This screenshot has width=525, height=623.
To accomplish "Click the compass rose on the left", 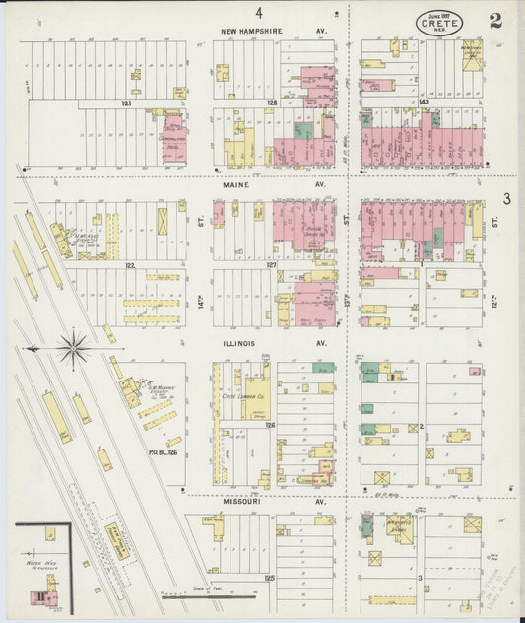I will click(x=74, y=347).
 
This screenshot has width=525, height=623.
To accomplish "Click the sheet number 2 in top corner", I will click(x=495, y=20).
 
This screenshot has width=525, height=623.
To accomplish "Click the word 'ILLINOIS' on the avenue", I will click(x=238, y=344).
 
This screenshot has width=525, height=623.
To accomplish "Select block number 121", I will click(x=126, y=103).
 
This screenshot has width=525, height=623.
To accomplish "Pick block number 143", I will click(x=424, y=103).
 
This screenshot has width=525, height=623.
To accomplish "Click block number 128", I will click(x=272, y=103).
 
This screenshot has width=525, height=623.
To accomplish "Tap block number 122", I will click(x=128, y=264).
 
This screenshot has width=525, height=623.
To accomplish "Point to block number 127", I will click(x=272, y=264).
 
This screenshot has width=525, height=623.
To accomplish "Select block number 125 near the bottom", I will click(x=269, y=575).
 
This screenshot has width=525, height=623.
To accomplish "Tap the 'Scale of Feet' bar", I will click(x=208, y=594).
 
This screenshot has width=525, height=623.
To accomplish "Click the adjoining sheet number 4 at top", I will click(x=259, y=13).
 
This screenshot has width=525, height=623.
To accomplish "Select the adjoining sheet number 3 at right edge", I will click(x=505, y=199).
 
